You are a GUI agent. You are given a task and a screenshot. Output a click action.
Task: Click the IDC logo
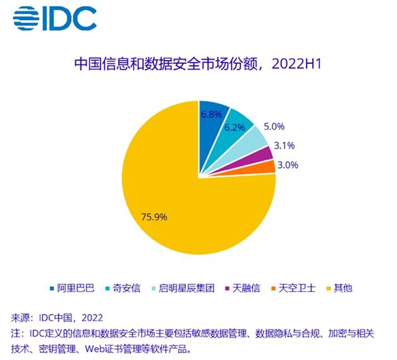pyautogui.click(x=55, y=18)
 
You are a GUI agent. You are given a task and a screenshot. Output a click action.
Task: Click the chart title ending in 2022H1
pyautogui.click(x=198, y=64)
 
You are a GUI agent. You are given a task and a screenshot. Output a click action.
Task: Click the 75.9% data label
pyautogui.click(x=154, y=217)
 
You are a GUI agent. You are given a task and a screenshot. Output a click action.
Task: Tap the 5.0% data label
pyautogui.click(x=274, y=126)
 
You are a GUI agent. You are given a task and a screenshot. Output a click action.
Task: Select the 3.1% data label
pyautogui.click(x=284, y=145)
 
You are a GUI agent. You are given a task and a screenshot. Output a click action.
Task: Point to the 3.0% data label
pyautogui.click(x=288, y=165)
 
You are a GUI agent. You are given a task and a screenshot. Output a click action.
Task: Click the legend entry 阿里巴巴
pyautogui.click(x=73, y=288)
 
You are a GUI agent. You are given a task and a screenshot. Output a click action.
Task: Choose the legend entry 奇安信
pyautogui.click(x=123, y=288)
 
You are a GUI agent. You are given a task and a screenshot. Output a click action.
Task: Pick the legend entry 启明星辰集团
pyautogui.click(x=183, y=288)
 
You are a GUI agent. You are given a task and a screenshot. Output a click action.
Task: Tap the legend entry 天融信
pyautogui.click(x=243, y=288)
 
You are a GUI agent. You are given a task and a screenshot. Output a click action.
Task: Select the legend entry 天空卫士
pyautogui.click(x=294, y=288)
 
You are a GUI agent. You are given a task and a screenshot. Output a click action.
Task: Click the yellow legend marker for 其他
pyautogui.click(x=329, y=289)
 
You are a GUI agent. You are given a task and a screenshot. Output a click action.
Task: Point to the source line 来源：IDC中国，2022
pyautogui.click(x=57, y=318)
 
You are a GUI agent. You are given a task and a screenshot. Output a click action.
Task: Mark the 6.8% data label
pyautogui.click(x=211, y=114)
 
